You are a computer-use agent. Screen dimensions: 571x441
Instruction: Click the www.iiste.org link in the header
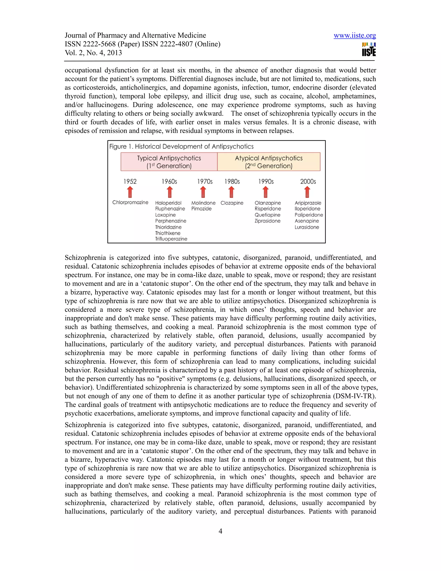pyautogui.click(x=354, y=35)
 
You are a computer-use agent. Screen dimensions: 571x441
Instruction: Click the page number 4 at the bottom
pyautogui.click(x=220, y=531)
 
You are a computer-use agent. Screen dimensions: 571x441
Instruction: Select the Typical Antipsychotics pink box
pyautogui.click(x=169, y=162)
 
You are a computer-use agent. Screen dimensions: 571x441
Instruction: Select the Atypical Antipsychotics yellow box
pyautogui.click(x=269, y=162)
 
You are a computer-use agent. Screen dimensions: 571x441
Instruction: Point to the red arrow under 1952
pyautogui.click(x=130, y=192)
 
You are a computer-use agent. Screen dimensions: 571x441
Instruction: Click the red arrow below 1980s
pyautogui.click(x=231, y=192)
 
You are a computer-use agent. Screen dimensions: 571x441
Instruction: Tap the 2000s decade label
pyautogui.click(x=308, y=181)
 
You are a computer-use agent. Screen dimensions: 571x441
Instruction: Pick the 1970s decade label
pyautogui.click(x=205, y=181)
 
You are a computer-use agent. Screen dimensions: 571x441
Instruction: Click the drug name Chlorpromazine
pyautogui.click(x=130, y=202)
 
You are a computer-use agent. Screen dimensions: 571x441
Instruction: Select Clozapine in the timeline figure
pyautogui.click(x=232, y=203)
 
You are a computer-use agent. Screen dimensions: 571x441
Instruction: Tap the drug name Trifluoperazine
pyautogui.click(x=171, y=239)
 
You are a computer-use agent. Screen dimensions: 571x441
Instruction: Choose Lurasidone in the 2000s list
pyautogui.click(x=307, y=227)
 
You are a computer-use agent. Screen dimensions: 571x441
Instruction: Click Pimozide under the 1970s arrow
pyautogui.click(x=201, y=209)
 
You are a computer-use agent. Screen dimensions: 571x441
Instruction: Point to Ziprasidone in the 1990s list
pyautogui.click(x=267, y=221)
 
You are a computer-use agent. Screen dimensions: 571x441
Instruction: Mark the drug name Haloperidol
pyautogui.click(x=168, y=203)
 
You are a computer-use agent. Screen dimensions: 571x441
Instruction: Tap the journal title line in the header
pyautogui.click(x=135, y=35)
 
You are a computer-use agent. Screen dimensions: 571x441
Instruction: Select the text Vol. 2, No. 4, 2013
pyautogui.click(x=93, y=53)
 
